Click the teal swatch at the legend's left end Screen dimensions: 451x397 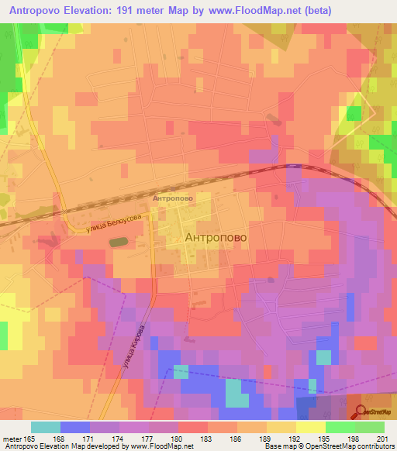tap(46, 427)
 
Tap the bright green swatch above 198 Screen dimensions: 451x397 tap(340, 427)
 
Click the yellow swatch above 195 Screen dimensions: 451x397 tap(311, 427)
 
